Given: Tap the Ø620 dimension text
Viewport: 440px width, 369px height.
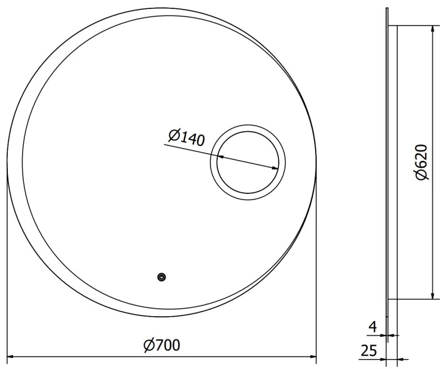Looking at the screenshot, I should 421,162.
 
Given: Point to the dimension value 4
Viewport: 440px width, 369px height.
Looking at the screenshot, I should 373,327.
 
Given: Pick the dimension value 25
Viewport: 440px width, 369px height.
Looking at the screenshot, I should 369,351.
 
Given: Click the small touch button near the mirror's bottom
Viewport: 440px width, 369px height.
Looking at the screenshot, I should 162,277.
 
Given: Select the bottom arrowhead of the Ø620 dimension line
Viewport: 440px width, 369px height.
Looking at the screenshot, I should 431,296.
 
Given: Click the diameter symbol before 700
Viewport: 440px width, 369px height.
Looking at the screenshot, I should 148,345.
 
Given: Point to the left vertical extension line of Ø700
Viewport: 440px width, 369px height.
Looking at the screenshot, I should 6,267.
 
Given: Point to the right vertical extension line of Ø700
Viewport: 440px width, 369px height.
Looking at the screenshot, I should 316,267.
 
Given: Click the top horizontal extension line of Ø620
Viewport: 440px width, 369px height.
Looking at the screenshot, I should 414,25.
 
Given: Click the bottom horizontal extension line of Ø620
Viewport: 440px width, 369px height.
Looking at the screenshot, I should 414,300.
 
